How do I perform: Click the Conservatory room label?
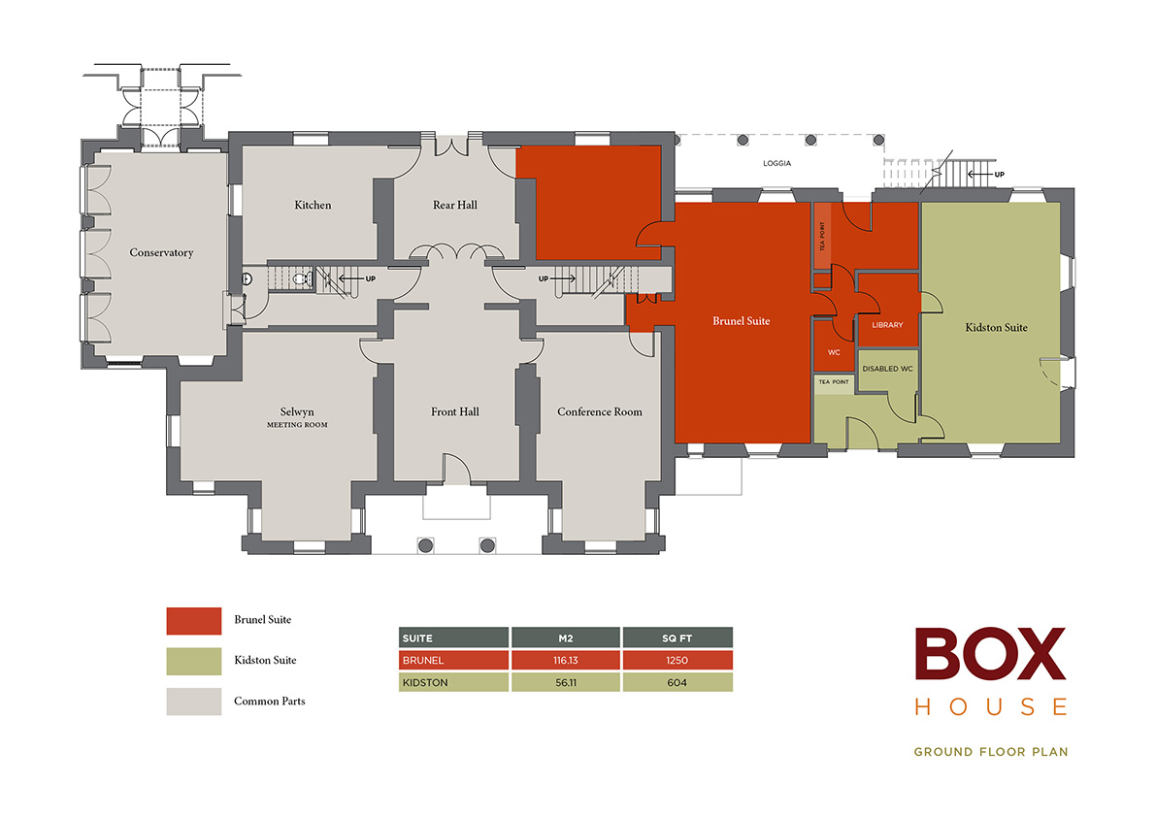point(161,253)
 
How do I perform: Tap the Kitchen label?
point(313,206)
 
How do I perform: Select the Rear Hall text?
point(454,206)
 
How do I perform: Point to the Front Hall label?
point(455,412)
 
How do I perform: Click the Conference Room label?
point(599,412)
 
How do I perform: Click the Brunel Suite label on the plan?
point(741,321)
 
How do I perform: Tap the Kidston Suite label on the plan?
point(996,328)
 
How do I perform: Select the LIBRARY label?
point(887,325)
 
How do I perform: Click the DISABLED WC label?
point(887,369)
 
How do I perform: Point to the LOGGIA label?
point(776,164)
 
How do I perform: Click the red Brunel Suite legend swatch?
point(194,620)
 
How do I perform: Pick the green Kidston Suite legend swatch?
point(194,661)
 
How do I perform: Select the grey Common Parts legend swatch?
point(194,702)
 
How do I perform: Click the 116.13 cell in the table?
point(565,661)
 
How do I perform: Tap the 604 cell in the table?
point(677,682)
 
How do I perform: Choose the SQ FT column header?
point(677,638)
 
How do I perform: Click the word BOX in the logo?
point(990,655)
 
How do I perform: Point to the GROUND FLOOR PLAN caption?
point(990,752)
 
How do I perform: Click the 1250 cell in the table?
point(677,661)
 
